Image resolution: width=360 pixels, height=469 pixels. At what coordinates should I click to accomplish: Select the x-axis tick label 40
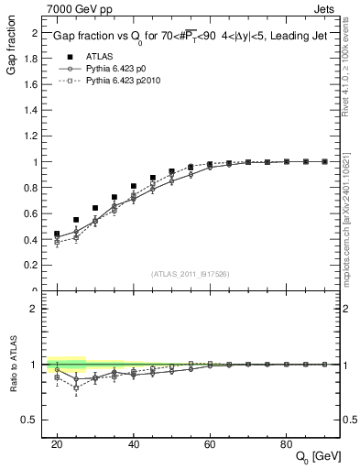(134, 443)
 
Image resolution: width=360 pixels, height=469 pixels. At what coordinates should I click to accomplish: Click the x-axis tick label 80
(287, 443)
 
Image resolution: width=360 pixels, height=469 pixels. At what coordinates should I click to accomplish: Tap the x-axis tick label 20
(57, 443)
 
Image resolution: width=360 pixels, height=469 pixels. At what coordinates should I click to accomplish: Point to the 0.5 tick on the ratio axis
(32, 420)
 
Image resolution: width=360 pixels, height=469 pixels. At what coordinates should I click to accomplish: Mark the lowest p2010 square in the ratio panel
(76, 387)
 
